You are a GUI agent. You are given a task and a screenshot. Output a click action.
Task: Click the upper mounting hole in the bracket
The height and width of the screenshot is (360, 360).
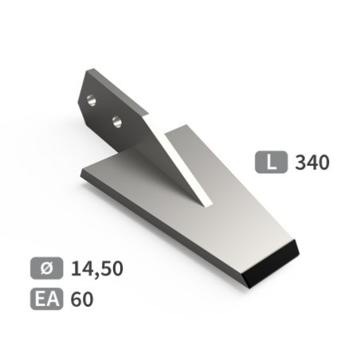click(x=92, y=100)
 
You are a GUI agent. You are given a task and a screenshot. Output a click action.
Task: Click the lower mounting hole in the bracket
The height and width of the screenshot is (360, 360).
click(x=117, y=122)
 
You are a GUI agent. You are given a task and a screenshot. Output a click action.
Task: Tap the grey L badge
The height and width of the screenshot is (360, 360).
click(x=271, y=162)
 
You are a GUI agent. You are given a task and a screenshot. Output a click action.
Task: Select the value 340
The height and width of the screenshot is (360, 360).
click(x=312, y=162)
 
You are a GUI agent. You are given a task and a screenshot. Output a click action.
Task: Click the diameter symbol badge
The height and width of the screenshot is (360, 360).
click(x=47, y=268)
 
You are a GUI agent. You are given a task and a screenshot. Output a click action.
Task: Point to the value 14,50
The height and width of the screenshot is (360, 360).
click(x=97, y=268)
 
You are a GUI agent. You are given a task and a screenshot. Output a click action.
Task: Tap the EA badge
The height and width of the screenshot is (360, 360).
click(x=47, y=299)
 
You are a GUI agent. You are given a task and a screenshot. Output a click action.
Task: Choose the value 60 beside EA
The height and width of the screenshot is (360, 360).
click(x=82, y=299)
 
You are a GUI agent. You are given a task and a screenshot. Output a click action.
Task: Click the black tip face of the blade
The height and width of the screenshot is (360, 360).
click(x=272, y=264)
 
